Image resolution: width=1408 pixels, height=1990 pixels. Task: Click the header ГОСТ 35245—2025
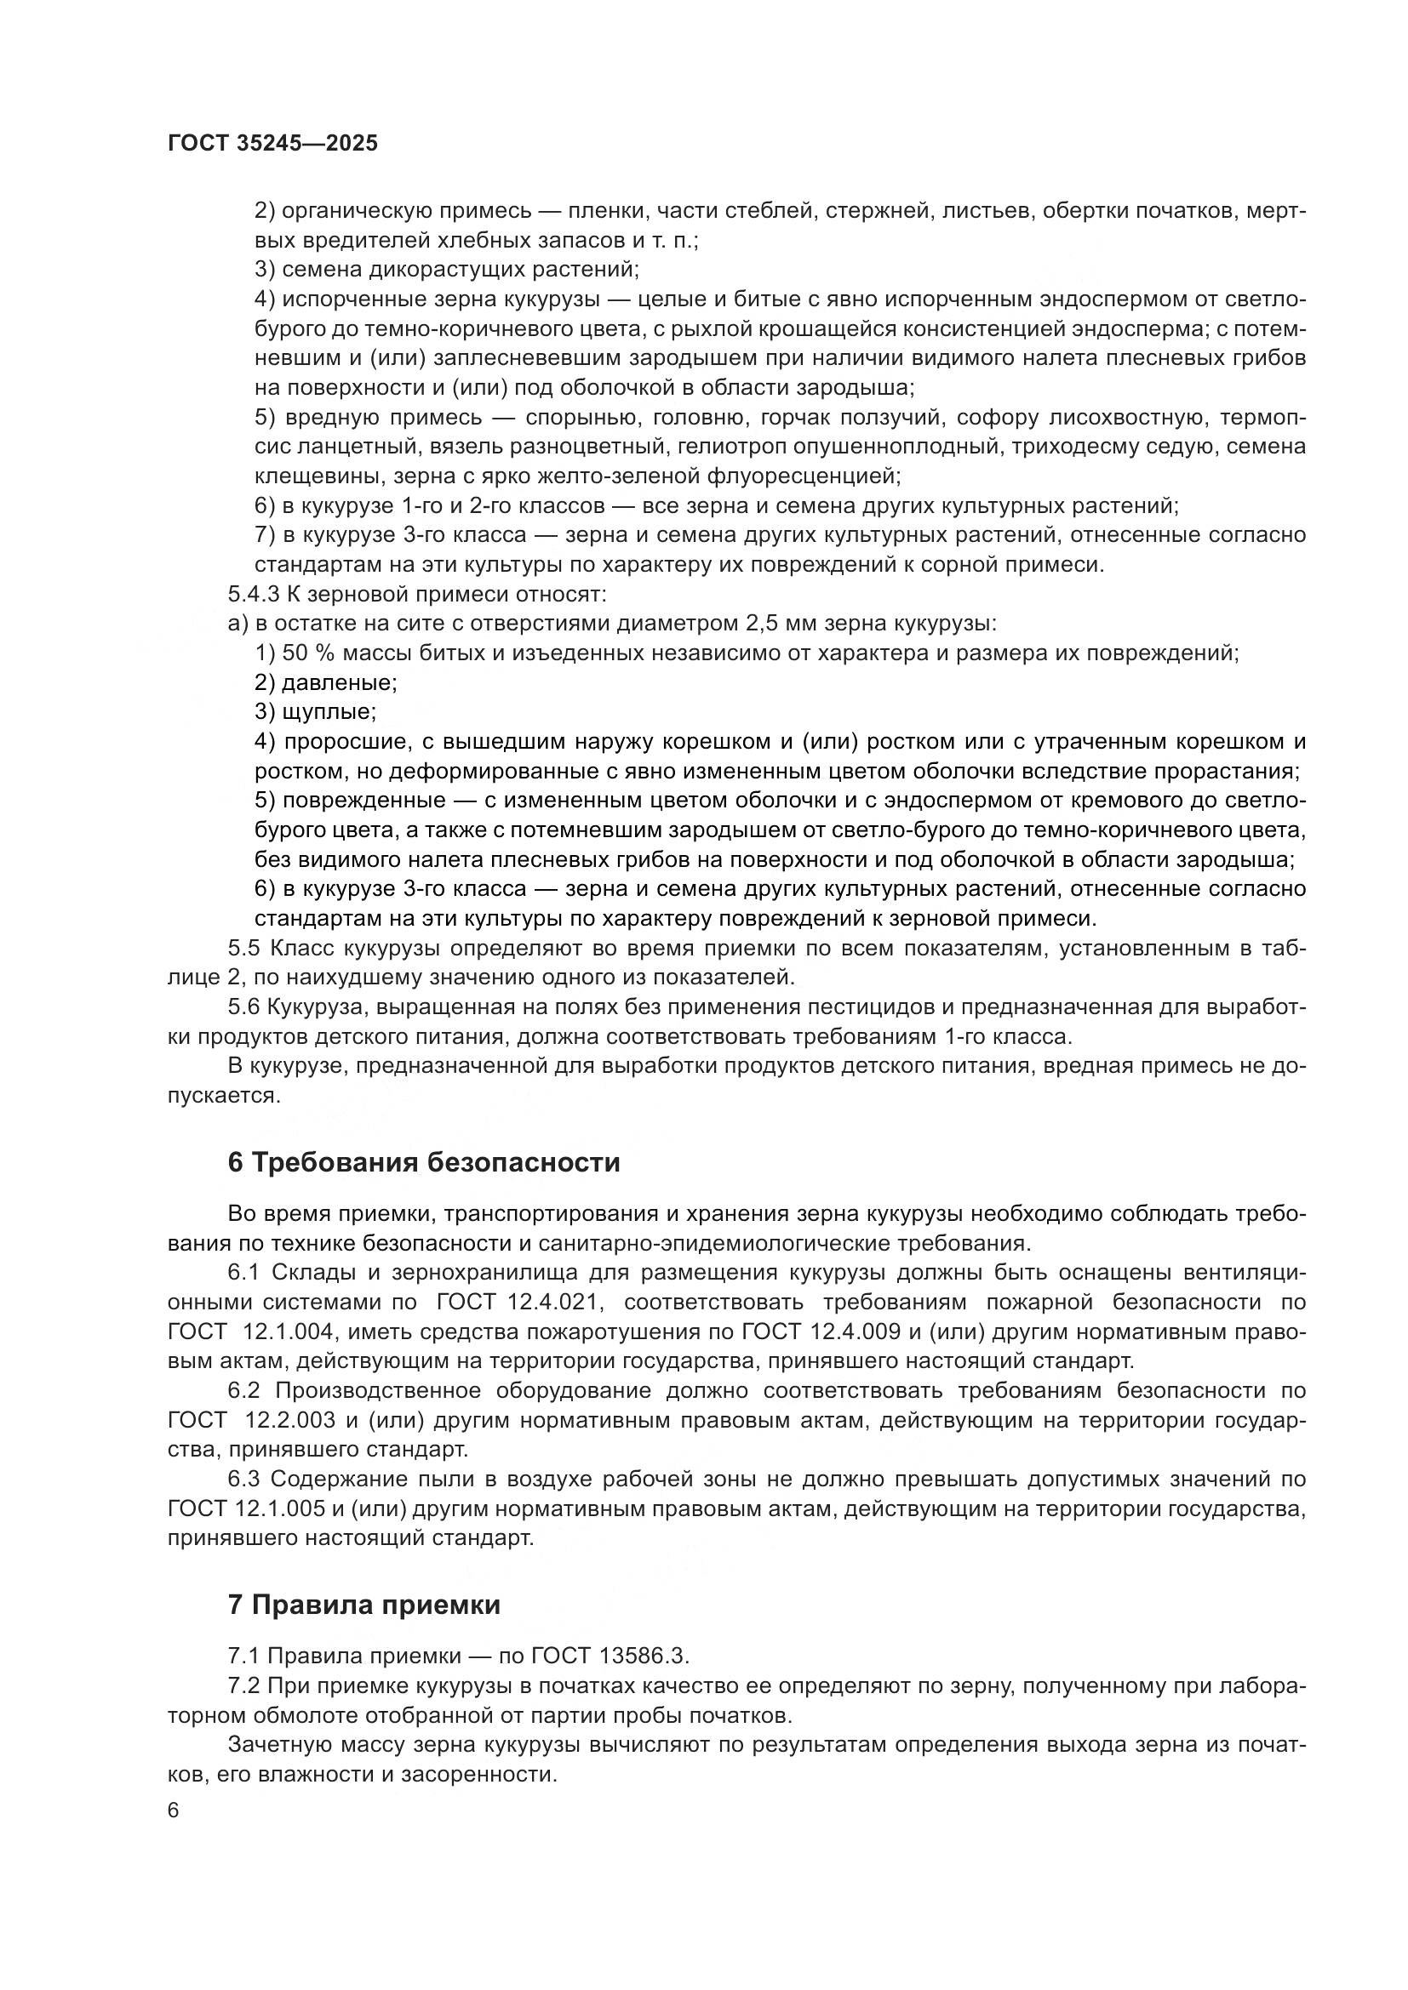[x=273, y=144]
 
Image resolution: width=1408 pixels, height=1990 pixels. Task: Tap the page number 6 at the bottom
[x=174, y=1810]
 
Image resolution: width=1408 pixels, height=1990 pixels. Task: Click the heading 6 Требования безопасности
[x=424, y=1162]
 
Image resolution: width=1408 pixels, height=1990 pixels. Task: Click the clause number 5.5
[x=243, y=948]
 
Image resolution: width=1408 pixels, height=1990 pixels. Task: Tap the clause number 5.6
[x=243, y=1007]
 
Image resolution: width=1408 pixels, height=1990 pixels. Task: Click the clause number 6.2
[x=243, y=1390]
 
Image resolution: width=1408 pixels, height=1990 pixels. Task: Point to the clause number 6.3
[x=243, y=1479]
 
